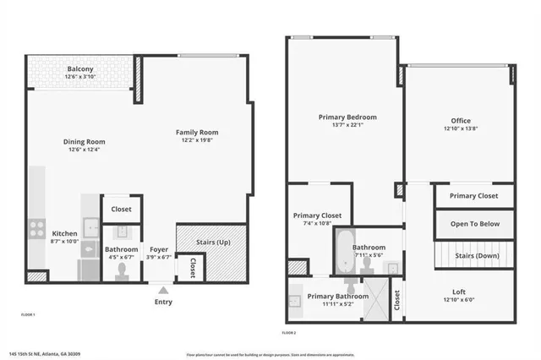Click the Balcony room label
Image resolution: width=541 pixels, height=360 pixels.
[x=81, y=68]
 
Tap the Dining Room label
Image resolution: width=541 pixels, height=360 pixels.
[x=85, y=141]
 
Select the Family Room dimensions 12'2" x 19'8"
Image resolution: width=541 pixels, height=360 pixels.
[x=197, y=141]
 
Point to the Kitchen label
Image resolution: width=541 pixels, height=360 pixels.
[x=65, y=233]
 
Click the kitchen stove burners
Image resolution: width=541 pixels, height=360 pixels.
[x=37, y=227]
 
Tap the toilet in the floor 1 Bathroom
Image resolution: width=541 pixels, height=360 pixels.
[x=121, y=270]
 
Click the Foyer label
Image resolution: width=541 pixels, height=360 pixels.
[x=159, y=249]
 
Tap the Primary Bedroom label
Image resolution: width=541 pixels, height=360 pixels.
[x=347, y=117]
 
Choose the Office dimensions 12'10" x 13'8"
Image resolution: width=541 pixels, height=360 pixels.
[x=461, y=129]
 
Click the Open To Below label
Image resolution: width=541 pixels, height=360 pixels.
[x=474, y=224]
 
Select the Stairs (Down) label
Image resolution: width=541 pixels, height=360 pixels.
[x=477, y=254]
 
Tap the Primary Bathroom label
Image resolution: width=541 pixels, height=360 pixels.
[x=337, y=296]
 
